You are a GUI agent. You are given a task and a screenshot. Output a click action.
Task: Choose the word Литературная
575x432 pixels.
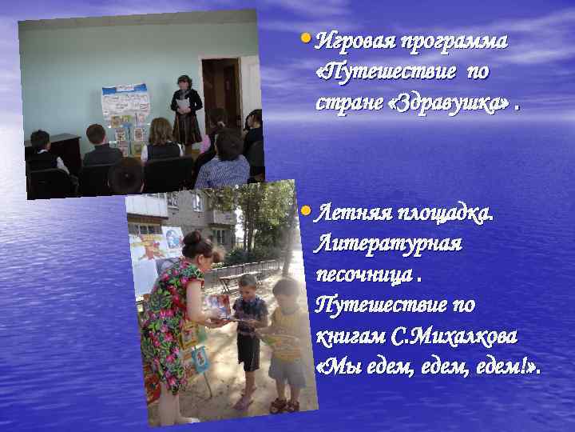pyautogui.click(x=389, y=244)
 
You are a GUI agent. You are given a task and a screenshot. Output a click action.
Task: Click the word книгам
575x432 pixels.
pyautogui.click(x=351, y=335)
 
